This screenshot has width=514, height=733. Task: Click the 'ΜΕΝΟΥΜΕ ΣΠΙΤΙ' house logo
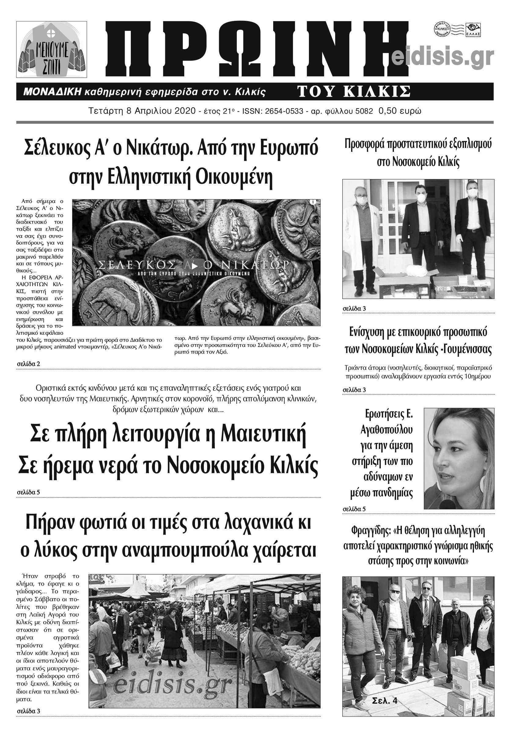point(51,50)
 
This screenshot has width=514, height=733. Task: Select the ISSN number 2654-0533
point(284,111)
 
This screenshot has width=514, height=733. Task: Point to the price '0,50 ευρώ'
point(400,111)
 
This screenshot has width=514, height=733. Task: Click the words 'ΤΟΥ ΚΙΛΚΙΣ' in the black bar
point(354,92)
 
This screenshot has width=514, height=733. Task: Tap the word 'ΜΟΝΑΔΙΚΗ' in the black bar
point(53,92)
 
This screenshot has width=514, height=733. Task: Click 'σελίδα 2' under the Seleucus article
point(28,364)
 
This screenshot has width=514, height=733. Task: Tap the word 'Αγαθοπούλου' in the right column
point(386,430)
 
